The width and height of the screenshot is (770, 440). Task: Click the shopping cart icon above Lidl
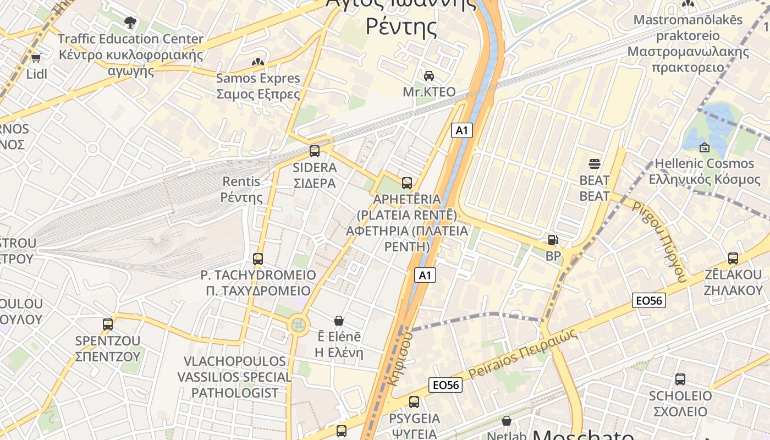click(x=36, y=58)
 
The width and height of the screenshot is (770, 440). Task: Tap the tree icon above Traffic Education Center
click(x=130, y=23)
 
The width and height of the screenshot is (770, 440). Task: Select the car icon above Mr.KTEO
click(x=429, y=75)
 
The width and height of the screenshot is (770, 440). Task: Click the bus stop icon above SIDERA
click(x=315, y=151)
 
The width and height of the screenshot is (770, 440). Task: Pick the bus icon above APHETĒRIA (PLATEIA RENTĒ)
click(x=407, y=183)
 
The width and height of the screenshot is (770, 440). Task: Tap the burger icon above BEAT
click(x=595, y=163)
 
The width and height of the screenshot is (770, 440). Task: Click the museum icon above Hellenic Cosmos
click(x=704, y=147)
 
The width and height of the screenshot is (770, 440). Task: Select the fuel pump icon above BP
click(x=553, y=240)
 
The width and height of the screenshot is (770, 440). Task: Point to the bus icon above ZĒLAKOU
click(x=733, y=258)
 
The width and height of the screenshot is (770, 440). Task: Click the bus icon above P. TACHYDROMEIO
click(x=258, y=258)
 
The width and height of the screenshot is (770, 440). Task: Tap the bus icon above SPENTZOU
click(x=108, y=324)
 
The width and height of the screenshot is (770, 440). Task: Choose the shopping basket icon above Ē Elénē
click(x=339, y=320)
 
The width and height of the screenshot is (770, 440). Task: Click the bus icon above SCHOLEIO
click(x=680, y=379)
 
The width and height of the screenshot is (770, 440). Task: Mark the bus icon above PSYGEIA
click(x=414, y=402)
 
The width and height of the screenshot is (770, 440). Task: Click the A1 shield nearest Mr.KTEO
click(x=462, y=130)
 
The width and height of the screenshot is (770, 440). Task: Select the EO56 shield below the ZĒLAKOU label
click(x=650, y=300)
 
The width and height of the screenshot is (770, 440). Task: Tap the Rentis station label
click(x=241, y=189)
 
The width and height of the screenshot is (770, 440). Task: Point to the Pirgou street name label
click(x=660, y=241)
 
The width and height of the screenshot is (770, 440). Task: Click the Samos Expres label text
click(x=258, y=86)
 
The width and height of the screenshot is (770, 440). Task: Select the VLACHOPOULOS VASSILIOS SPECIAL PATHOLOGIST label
click(x=234, y=377)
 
